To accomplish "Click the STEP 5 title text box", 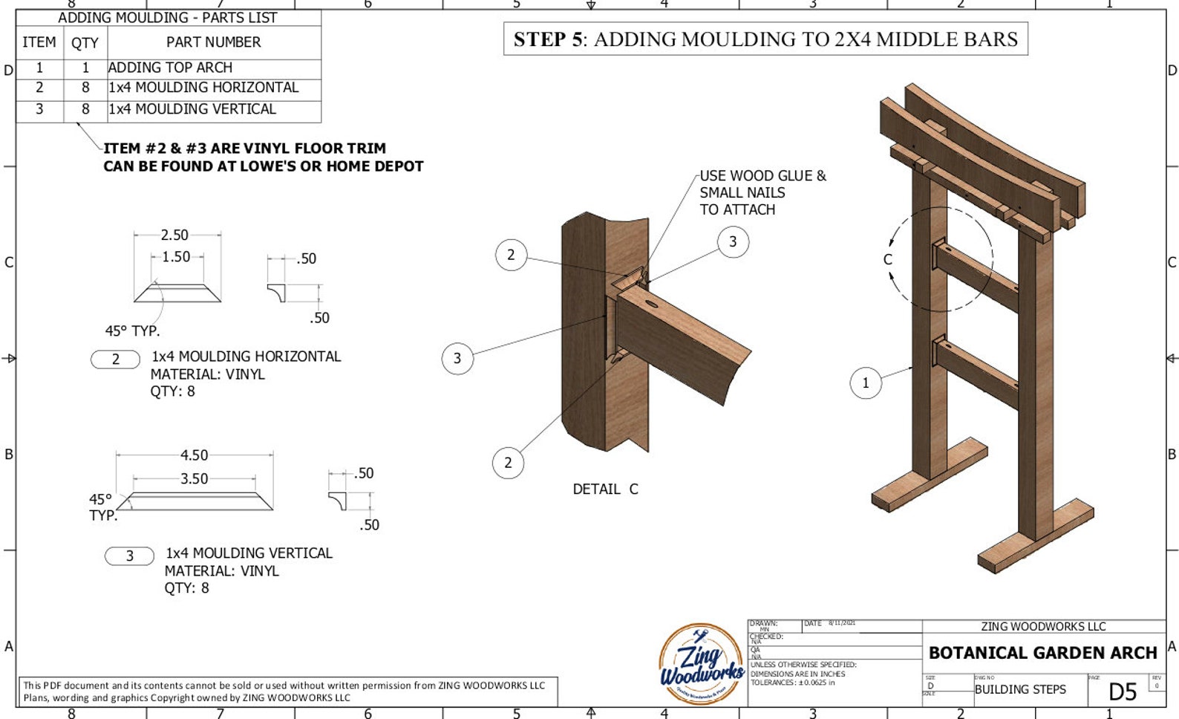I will click(765, 39).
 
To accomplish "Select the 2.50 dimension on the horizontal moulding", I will click(174, 235).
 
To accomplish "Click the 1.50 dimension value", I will click(176, 257).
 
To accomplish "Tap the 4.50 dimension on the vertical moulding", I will click(194, 455).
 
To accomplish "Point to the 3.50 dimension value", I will click(194, 479).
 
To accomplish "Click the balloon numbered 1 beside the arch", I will click(865, 383).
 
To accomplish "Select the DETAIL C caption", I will click(605, 489).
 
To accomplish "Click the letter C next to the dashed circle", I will click(887, 259).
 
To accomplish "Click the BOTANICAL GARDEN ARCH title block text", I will click(1042, 653).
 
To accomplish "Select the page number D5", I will click(1122, 692).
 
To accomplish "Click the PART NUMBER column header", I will click(213, 42).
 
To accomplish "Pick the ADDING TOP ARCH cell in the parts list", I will click(170, 68).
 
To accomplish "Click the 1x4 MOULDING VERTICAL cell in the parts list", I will click(192, 109).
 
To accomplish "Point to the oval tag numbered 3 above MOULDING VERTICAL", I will click(129, 556).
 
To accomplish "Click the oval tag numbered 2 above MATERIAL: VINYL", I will click(115, 359).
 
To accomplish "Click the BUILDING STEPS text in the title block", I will click(1019, 689).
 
